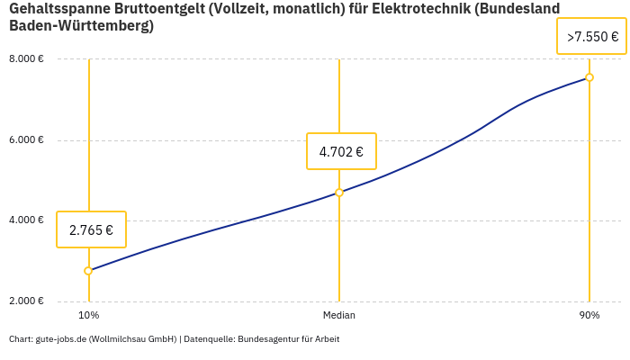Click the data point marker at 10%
pos(88,271)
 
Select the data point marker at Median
pos(339,193)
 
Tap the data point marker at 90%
pos(589,77)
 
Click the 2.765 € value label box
pos(91,229)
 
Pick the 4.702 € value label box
pos(341,151)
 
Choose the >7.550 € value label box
pos(591,37)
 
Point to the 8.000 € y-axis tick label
pos(26,59)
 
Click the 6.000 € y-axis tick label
pos(26,140)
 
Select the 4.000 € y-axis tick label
pos(26,220)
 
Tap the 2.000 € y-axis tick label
pos(26,301)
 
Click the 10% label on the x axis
pos(88,315)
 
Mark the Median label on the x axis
pos(339,315)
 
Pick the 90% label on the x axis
pos(589,315)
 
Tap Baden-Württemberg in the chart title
pos(81,26)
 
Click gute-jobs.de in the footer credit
pos(60,339)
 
